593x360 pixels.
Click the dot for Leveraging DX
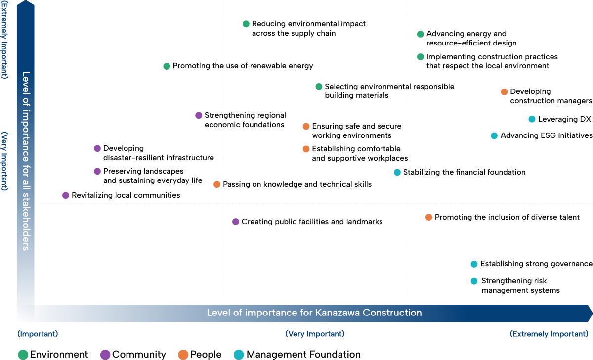[532, 119]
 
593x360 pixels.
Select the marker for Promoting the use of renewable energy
[167, 66]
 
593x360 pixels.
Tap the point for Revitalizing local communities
[66, 195]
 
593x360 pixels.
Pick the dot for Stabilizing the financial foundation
[397, 172]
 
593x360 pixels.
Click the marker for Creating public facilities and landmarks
[236, 222]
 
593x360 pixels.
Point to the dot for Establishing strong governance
[474, 264]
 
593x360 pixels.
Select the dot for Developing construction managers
[504, 92]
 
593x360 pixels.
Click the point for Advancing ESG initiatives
[494, 136]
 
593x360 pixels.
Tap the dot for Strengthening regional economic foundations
[199, 115]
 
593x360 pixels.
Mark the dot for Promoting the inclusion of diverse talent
[429, 217]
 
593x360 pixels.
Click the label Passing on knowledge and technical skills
[297, 184]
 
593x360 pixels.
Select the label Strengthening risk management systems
[520, 286]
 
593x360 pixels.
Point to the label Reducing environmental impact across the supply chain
[308, 28]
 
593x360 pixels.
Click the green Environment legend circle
[23, 354]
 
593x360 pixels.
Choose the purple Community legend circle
[105, 354]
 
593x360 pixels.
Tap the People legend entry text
[206, 354]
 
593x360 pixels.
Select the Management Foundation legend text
[303, 354]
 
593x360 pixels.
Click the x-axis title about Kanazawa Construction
[314, 313]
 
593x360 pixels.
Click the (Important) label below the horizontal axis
[38, 334]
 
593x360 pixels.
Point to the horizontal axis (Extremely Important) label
[549, 334]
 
